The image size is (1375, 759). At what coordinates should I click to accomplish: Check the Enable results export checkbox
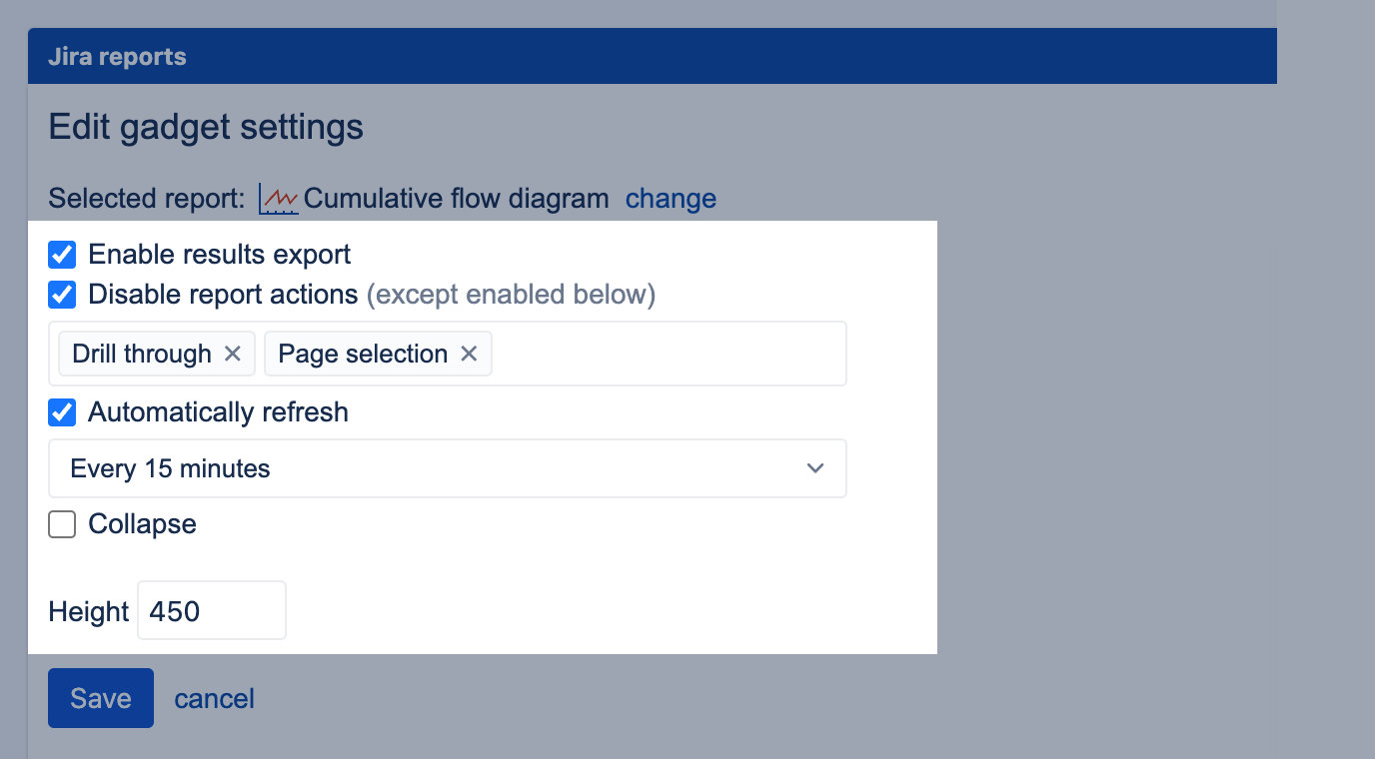tap(62, 255)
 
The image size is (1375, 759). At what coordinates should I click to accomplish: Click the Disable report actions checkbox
tap(62, 295)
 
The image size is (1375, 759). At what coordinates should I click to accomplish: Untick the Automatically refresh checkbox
tap(62, 412)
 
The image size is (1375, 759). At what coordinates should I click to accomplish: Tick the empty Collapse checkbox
tap(62, 524)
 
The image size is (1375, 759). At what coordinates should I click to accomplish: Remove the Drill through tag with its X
tap(233, 354)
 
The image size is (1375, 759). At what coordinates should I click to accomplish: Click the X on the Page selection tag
tap(469, 354)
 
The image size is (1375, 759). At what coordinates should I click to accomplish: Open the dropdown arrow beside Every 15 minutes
tap(815, 468)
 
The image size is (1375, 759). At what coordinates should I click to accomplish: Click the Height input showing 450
tap(212, 610)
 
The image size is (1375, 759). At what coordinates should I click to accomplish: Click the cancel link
tap(214, 699)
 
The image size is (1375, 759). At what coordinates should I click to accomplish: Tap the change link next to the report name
tap(671, 199)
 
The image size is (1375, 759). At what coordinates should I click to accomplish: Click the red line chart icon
tap(279, 199)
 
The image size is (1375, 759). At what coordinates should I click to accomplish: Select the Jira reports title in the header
tap(117, 57)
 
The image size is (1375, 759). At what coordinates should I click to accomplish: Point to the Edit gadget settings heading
tap(206, 127)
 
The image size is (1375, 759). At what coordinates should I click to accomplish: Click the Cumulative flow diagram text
tap(456, 199)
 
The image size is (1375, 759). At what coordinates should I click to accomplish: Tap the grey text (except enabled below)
tap(512, 295)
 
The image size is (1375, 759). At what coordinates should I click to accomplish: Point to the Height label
tap(88, 612)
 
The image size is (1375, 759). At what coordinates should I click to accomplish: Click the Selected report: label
tap(147, 199)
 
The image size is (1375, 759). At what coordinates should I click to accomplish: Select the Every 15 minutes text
tap(170, 468)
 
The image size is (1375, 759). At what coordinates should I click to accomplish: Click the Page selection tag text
tap(363, 355)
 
